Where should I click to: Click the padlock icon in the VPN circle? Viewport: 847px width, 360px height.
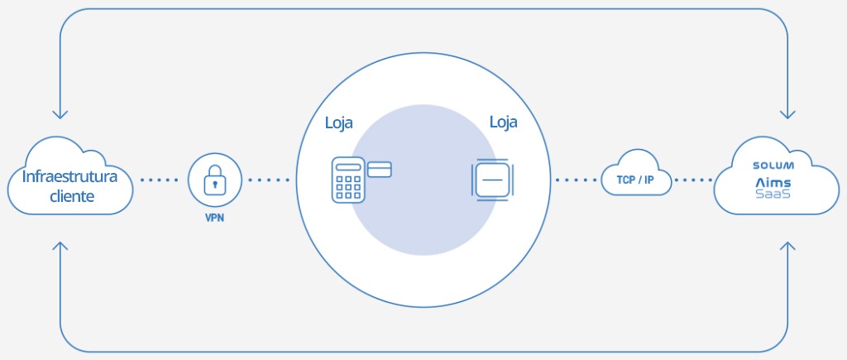[x=214, y=179]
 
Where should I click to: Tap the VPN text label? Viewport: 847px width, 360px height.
[x=214, y=221]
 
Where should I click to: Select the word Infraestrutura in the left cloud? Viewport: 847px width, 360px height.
[x=70, y=177]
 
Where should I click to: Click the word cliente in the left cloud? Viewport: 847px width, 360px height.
[x=70, y=197]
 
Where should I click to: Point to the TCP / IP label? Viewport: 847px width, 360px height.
[x=636, y=180]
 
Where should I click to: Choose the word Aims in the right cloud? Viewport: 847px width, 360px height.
[x=773, y=181]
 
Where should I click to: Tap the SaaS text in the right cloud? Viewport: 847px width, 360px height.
[x=773, y=195]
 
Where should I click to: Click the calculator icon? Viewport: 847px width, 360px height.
[x=348, y=180]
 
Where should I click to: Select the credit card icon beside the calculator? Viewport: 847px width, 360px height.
[x=380, y=170]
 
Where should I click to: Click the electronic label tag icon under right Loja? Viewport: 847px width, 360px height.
[x=493, y=180]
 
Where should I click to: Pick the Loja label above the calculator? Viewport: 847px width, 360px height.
[x=338, y=123]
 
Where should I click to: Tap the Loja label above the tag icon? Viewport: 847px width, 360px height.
[x=504, y=122]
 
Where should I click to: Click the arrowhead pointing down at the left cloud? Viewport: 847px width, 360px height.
[x=60, y=113]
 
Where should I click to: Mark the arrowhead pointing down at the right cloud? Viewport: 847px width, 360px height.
[x=787, y=113]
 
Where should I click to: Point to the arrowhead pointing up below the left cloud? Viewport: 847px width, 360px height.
[x=60, y=247]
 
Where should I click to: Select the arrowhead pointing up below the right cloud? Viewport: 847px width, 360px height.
[x=787, y=247]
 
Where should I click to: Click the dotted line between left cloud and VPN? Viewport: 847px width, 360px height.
[x=159, y=180]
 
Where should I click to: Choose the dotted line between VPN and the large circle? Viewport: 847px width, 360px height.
[x=270, y=180]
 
